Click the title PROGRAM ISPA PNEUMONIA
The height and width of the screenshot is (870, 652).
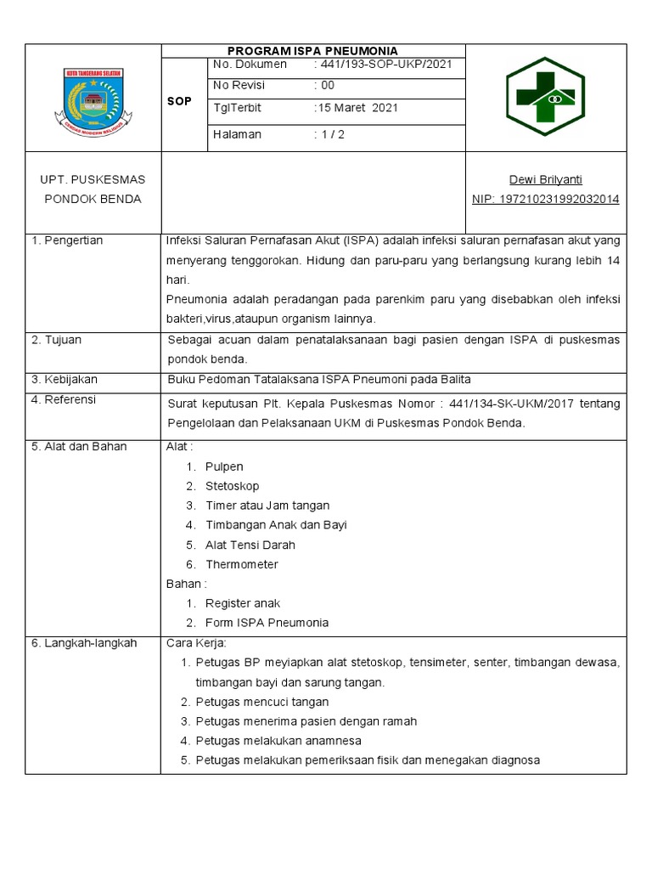pos(313,51)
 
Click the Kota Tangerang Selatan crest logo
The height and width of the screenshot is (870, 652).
pos(93,99)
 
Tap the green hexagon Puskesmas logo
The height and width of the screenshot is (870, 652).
pos(545,99)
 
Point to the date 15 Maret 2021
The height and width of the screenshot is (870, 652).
pos(357,108)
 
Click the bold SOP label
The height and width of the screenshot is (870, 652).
pos(179,100)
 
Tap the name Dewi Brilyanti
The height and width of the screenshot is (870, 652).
pos(545,179)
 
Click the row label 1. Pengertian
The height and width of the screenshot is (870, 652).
pos(67,240)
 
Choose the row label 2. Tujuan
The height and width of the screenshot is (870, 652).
pos(57,340)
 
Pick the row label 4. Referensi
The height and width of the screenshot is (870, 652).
pos(64,399)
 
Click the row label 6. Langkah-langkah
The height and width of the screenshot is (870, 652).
pos(84,643)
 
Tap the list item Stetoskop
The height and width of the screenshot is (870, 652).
pos(232,487)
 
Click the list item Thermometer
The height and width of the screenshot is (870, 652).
pos(241,564)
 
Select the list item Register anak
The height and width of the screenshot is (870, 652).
pos(242,603)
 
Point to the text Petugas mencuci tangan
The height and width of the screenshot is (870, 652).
pos(261,702)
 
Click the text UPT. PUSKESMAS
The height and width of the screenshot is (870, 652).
pos(93,179)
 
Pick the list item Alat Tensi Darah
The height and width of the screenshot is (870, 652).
pos(250,545)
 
